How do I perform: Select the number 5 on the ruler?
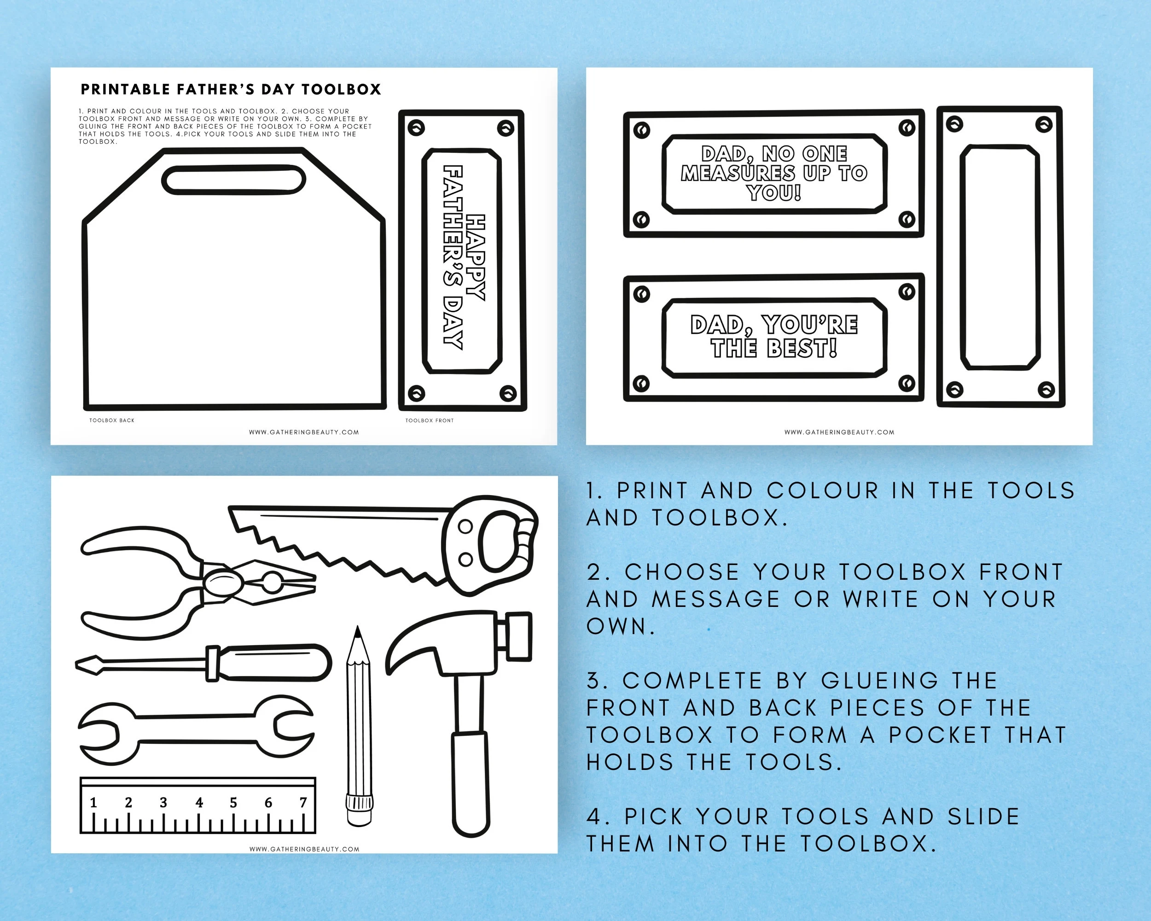pos(233,803)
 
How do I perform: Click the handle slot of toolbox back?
pos(233,180)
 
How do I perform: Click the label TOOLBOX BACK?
pos(111,420)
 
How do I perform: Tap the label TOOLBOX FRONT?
pos(429,420)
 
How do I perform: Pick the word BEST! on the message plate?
pos(802,349)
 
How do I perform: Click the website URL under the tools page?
pos(304,849)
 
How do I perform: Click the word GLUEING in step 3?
pos(880,681)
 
